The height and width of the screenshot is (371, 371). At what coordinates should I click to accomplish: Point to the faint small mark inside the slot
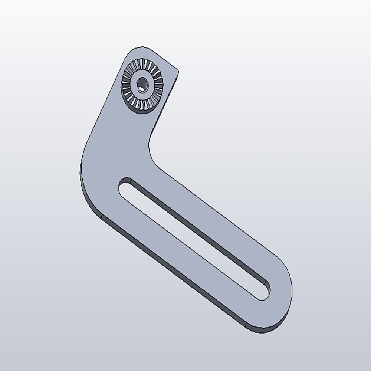pyautogui.click(x=263, y=287)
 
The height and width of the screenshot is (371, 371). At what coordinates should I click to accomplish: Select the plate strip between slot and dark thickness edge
pyautogui.click(x=174, y=249)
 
